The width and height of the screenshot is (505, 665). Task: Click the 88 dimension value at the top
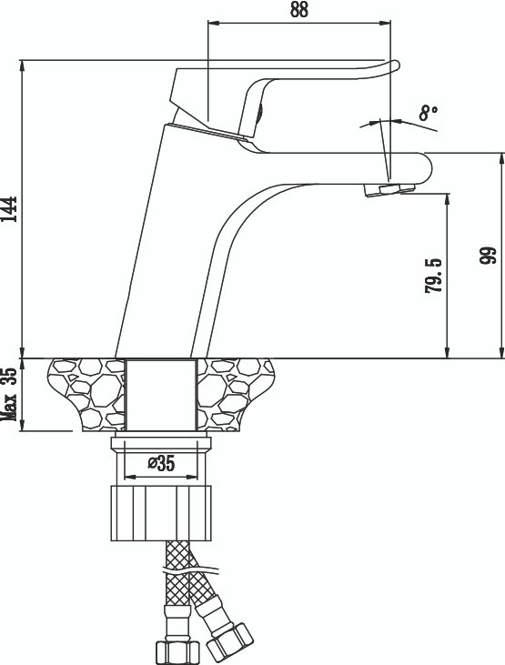pyautogui.click(x=298, y=10)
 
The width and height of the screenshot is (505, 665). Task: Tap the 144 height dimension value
pyautogui.click(x=9, y=208)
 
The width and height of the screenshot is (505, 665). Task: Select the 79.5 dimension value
pyautogui.click(x=433, y=276)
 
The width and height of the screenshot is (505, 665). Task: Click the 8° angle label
pyautogui.click(x=428, y=113)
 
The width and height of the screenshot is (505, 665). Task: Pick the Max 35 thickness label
pyautogui.click(x=9, y=394)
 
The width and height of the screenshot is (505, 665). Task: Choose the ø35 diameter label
pyautogui.click(x=161, y=464)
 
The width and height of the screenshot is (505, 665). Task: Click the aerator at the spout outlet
pyautogui.click(x=389, y=189)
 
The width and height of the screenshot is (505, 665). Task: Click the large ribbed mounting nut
pyautogui.click(x=161, y=513)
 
